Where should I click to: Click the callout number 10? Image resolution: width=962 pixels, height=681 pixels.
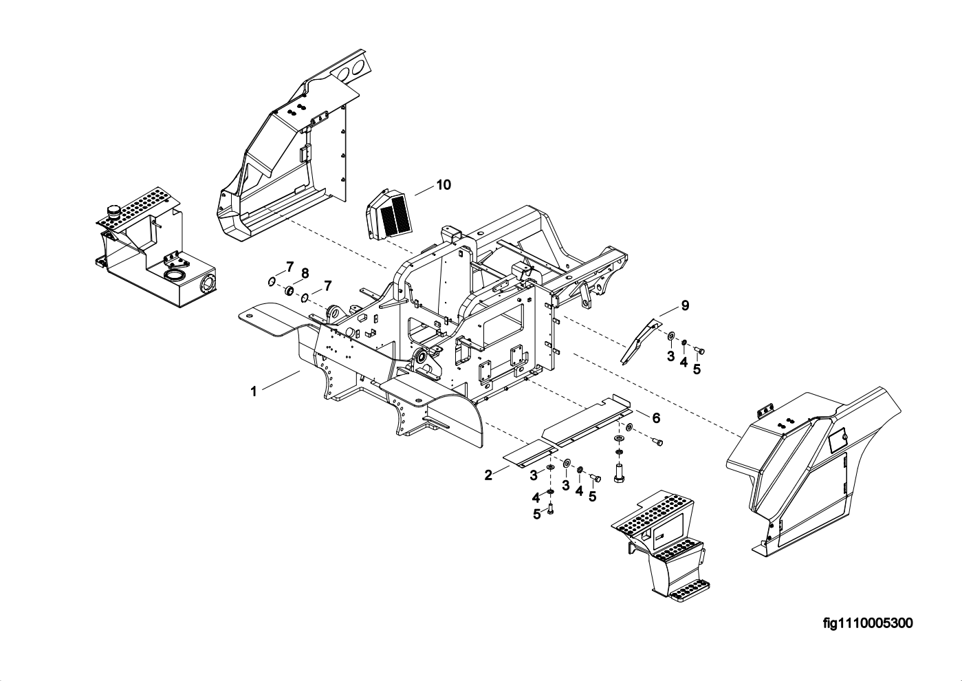pyautogui.click(x=444, y=185)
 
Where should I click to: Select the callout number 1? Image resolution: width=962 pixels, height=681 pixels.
pyautogui.click(x=254, y=391)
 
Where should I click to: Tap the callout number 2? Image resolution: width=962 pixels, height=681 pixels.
pyautogui.click(x=488, y=475)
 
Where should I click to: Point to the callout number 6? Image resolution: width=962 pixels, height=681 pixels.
pyautogui.click(x=656, y=418)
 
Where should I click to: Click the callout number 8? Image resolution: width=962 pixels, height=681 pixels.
pyautogui.click(x=305, y=273)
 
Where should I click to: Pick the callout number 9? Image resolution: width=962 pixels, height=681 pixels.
pyautogui.click(x=686, y=305)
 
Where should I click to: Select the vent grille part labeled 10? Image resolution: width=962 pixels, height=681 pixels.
pyautogui.click(x=388, y=213)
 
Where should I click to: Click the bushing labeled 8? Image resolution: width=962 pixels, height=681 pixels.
pyautogui.click(x=289, y=291)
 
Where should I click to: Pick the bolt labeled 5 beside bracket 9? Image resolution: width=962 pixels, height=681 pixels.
pyautogui.click(x=699, y=352)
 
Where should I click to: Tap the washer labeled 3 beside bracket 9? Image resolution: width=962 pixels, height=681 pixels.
pyautogui.click(x=670, y=336)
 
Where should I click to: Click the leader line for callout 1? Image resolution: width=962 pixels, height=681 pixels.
pyautogui.click(x=281, y=380)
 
